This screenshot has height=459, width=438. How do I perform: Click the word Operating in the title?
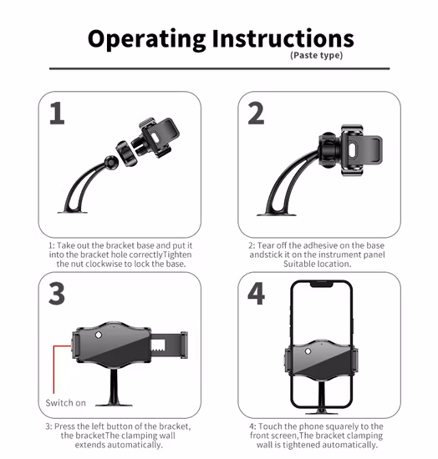(146, 39)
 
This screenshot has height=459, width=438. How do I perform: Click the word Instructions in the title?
(283, 38)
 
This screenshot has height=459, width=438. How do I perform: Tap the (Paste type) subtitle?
(316, 55)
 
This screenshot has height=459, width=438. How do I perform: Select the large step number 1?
(57, 113)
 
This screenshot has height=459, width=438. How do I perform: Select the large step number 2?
(256, 113)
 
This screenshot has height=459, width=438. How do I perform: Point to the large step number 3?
(57, 293)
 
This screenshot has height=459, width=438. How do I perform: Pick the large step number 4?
(257, 293)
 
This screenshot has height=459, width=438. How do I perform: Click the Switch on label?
(66, 403)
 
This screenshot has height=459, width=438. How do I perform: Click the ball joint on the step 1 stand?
(111, 162)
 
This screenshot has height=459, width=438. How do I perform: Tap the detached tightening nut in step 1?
(127, 154)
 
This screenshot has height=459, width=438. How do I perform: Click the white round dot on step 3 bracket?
(99, 335)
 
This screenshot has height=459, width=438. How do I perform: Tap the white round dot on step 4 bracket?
(308, 351)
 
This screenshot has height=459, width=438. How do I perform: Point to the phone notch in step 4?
(321, 284)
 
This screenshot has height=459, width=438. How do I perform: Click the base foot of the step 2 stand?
(277, 214)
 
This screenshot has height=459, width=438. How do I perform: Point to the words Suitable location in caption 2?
(317, 264)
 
